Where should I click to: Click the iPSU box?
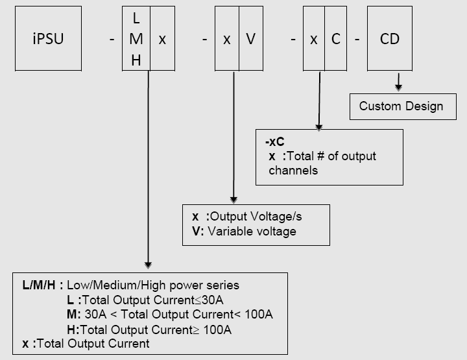(48, 39)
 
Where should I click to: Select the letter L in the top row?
(136, 19)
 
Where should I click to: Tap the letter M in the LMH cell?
(136, 40)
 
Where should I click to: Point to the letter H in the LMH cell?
(136, 60)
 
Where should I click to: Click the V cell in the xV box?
(250, 39)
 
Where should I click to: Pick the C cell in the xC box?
(335, 39)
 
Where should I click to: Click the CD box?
(390, 39)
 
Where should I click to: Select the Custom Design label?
(401, 106)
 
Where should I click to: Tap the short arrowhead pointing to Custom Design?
(398, 87)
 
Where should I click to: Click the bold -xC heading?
(275, 142)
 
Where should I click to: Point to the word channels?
(293, 170)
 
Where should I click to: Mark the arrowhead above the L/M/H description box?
(149, 264)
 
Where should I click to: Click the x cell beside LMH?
(162, 39)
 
